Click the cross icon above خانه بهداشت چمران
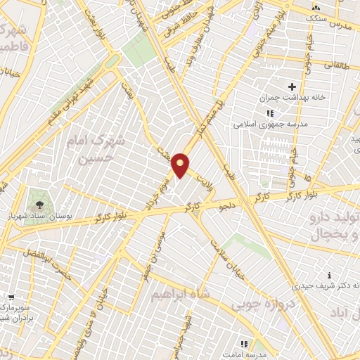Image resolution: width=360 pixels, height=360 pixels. pyautogui.click(x=292, y=86)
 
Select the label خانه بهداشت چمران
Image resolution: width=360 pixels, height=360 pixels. pyautogui.click(x=286, y=98)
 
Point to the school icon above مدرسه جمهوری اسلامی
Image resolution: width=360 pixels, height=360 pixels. pyautogui.click(x=269, y=113)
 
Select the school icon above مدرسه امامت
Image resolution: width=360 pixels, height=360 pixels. pyautogui.click(x=245, y=344)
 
